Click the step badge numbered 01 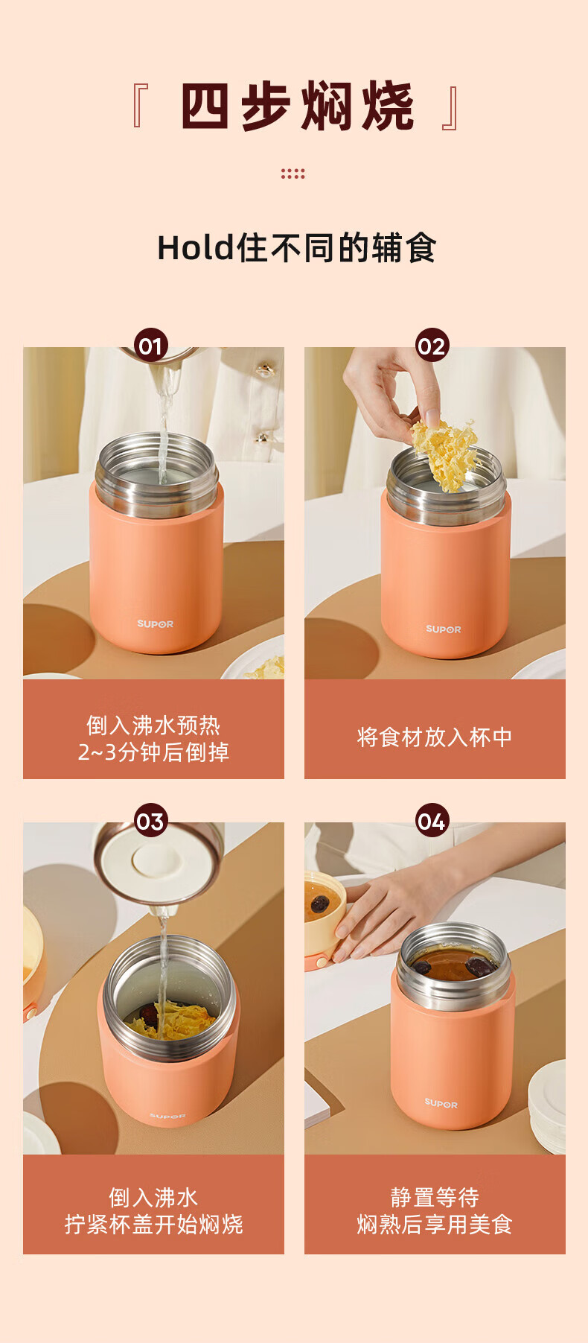[x=151, y=346]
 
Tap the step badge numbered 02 [x=432, y=346]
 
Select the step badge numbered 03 [x=151, y=821]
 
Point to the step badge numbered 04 [x=432, y=821]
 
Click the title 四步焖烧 [x=297, y=107]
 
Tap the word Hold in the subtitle [x=196, y=248]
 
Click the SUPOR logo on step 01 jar [x=155, y=624]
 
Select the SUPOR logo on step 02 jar [x=444, y=629]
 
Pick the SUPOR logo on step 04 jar [x=441, y=1103]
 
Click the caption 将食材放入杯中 [x=435, y=737]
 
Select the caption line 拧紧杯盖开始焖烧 [x=154, y=1225]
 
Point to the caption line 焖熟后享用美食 [x=435, y=1225]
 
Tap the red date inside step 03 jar [x=150, y=1014]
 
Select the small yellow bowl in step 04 [x=325, y=921]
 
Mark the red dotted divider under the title [x=293, y=174]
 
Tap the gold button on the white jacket [x=266, y=369]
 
